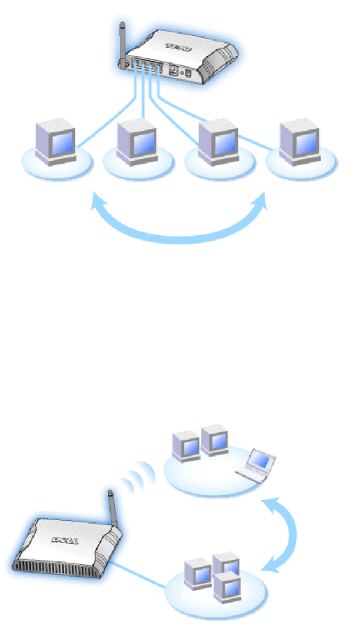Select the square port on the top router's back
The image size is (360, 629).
pyautogui.click(x=173, y=69)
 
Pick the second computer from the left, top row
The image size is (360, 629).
pyautogui.click(x=136, y=142)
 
